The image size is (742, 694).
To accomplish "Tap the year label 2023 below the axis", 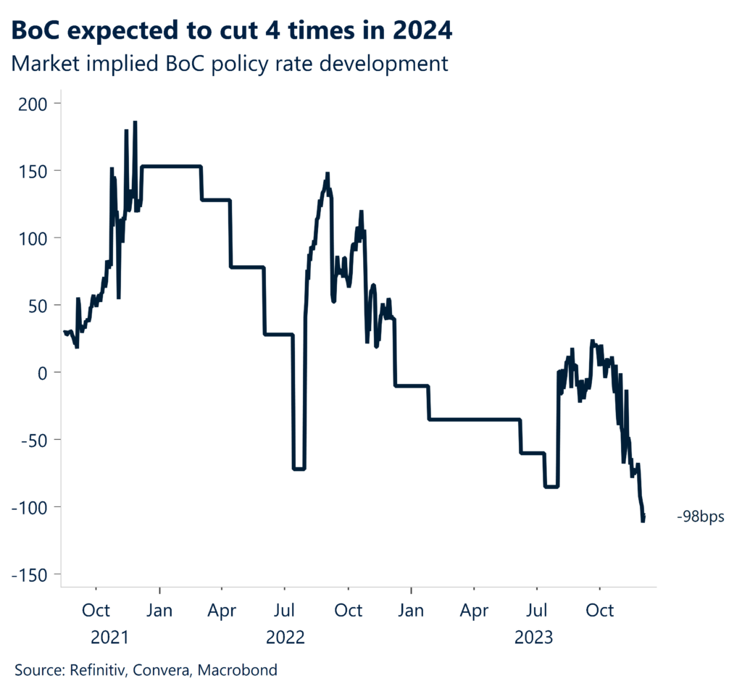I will click(x=534, y=637).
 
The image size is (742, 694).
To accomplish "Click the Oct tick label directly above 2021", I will click(x=96, y=611).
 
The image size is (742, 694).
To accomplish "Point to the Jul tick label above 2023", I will click(x=536, y=611).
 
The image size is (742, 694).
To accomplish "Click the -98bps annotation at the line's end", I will click(x=700, y=518).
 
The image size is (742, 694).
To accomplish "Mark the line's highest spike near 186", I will click(x=135, y=122).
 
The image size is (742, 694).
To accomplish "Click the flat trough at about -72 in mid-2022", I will click(x=299, y=469).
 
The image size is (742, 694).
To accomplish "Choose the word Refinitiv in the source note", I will click(x=101, y=670).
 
